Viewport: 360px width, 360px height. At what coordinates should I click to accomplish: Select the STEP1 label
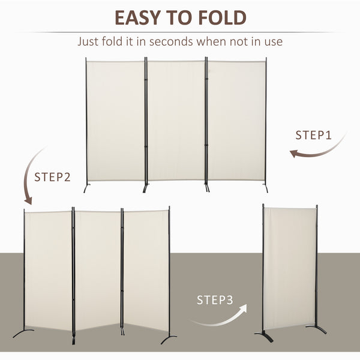click(313, 135)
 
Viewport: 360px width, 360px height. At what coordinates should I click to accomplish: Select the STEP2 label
click(52, 177)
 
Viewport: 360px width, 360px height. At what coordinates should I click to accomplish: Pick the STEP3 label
click(215, 299)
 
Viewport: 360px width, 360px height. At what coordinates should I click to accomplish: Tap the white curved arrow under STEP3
click(223, 317)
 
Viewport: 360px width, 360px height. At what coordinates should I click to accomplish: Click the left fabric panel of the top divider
click(116, 120)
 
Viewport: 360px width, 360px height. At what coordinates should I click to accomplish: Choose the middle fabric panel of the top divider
click(176, 120)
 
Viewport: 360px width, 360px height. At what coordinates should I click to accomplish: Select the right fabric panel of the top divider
click(236, 120)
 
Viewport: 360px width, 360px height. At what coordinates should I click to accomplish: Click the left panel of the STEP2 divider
click(49, 270)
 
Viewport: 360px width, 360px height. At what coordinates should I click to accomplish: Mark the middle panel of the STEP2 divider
click(97, 270)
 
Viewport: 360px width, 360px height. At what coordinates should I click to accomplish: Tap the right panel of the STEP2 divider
click(146, 270)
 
